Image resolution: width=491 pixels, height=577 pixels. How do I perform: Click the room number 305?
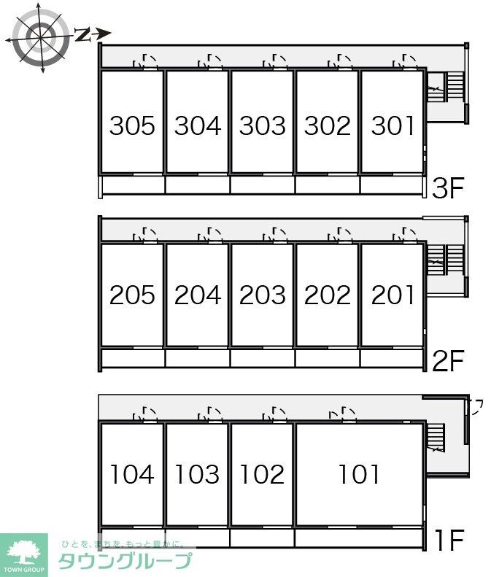pyautogui.click(x=132, y=125)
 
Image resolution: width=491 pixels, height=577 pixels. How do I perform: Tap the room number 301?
pyautogui.click(x=393, y=125)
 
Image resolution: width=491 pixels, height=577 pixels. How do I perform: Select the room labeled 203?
pyautogui.click(x=263, y=295)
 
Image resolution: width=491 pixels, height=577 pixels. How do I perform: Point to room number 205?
pyautogui.click(x=132, y=295)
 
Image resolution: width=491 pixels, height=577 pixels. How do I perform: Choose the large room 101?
pyautogui.click(x=359, y=474)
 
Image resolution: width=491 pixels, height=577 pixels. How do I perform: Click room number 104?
pyautogui.click(x=132, y=474)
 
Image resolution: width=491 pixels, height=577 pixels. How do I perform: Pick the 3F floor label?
pyautogui.click(x=447, y=187)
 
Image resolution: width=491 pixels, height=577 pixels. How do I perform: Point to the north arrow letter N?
pyautogui.click(x=83, y=34)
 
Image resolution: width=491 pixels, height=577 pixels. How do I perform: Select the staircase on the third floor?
pyautogui.click(x=444, y=87)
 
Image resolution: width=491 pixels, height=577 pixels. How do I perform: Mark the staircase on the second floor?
pyautogui.click(x=444, y=260)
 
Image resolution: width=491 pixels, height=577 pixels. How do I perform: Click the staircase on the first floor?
pyautogui.click(x=436, y=438)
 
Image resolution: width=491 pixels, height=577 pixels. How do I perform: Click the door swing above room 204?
pyautogui.click(x=210, y=235)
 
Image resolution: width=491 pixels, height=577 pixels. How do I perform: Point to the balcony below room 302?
pyautogui.click(x=327, y=185)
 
